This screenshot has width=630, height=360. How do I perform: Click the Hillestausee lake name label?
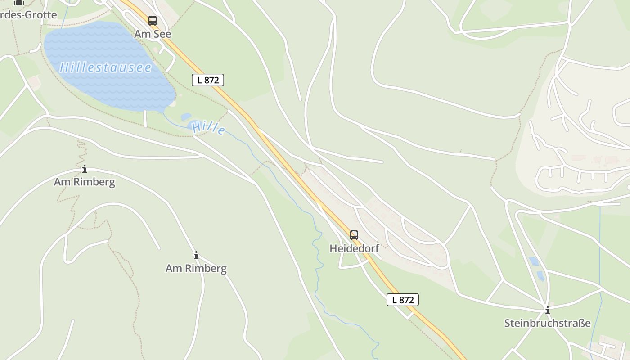pyautogui.click(x=105, y=67)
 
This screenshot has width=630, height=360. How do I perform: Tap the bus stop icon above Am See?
pyautogui.click(x=153, y=20)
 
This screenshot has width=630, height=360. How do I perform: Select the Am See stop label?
pyautogui.click(x=153, y=34)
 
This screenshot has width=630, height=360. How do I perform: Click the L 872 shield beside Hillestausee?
pyautogui.click(x=207, y=80)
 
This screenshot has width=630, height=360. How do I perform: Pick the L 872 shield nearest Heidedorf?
pyautogui.click(x=402, y=300)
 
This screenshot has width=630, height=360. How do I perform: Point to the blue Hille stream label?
pyautogui.click(x=208, y=128)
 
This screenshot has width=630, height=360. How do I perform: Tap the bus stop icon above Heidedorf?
pyautogui.click(x=354, y=235)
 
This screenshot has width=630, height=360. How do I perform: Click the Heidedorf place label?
pyautogui.click(x=354, y=248)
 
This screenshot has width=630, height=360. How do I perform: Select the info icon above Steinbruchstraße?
pyautogui.click(x=547, y=310)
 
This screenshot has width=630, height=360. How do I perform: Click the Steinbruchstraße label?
pyautogui.click(x=547, y=323)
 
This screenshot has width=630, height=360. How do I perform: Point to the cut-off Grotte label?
pyautogui.click(x=28, y=14)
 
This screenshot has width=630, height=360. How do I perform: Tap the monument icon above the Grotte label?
pyautogui.click(x=18, y=2)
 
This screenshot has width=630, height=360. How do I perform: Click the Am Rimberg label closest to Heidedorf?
pyautogui.click(x=196, y=268)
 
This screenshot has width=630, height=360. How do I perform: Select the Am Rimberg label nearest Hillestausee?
pyautogui.click(x=84, y=182)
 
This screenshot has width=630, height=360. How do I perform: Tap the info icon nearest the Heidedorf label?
pyautogui.click(x=196, y=256)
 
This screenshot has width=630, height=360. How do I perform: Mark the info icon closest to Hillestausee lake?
pyautogui.click(x=84, y=169)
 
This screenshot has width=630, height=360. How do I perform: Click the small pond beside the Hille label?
pyautogui.click(x=186, y=117)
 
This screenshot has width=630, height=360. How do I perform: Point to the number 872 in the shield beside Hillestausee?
pyautogui.click(x=211, y=80)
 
